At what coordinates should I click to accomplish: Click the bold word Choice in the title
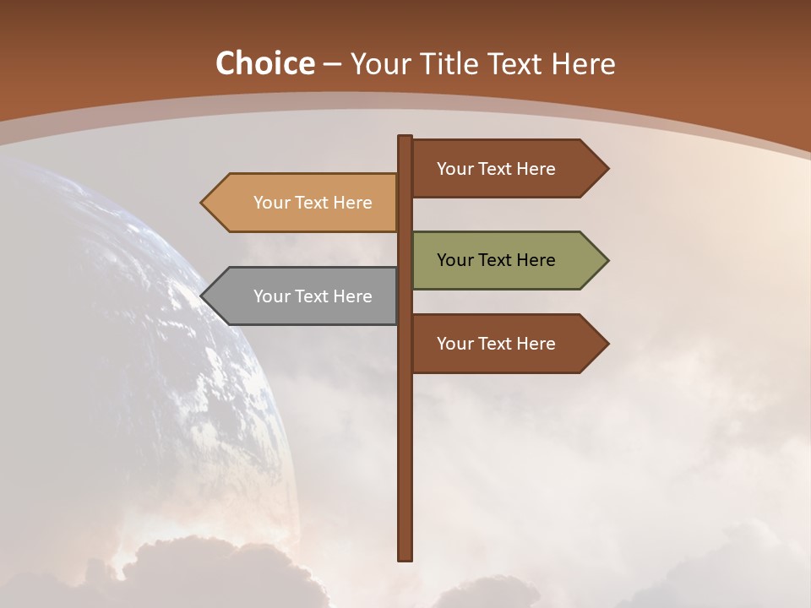point(264,63)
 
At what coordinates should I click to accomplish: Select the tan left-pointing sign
point(304,203)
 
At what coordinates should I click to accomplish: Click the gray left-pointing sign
point(304,296)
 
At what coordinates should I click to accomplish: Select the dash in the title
point(333,64)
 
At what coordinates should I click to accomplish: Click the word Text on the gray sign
point(313,296)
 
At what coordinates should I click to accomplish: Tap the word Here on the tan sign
point(352,203)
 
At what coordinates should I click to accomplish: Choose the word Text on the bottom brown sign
point(496,344)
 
